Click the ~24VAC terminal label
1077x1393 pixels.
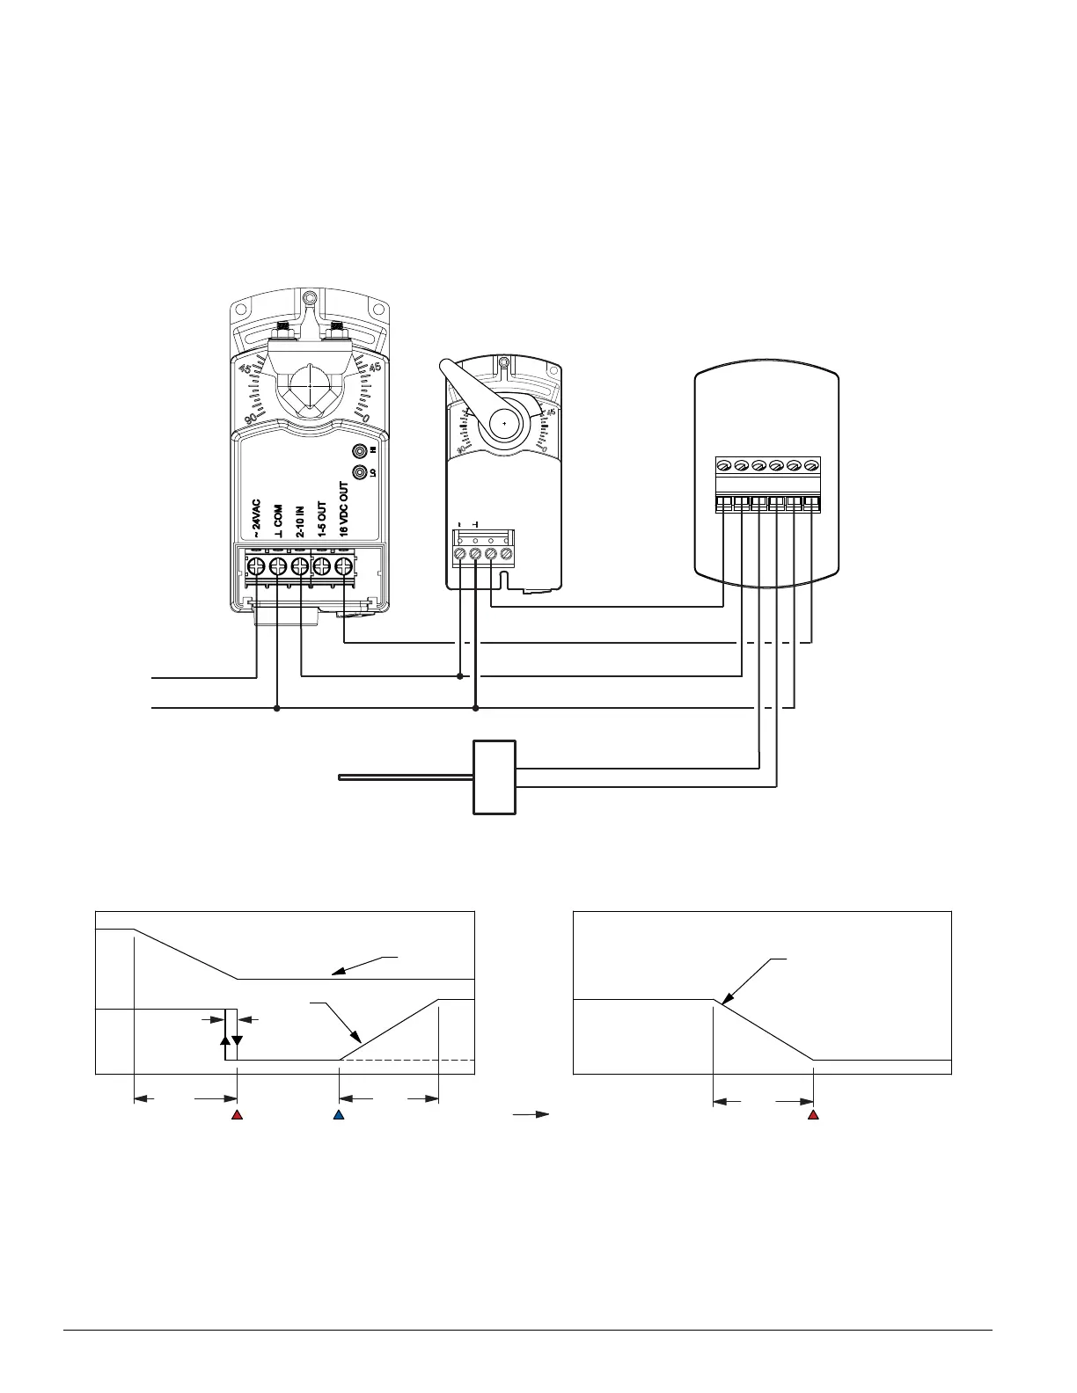tap(256, 520)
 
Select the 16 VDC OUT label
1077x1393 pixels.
tap(344, 509)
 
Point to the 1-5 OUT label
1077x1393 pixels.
tap(322, 520)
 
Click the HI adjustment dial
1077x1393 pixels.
tap(360, 451)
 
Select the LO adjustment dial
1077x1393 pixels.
tap(360, 472)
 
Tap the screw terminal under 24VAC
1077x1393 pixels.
tap(256, 565)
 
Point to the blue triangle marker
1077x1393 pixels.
tap(339, 1115)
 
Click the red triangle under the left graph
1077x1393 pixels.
tap(237, 1115)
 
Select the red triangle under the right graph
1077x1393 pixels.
tap(814, 1115)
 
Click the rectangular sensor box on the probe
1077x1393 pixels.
tap(495, 777)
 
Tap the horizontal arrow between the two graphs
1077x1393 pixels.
tap(531, 1114)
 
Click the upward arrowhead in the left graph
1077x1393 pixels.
tap(225, 1039)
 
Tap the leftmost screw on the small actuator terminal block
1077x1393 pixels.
tap(459, 554)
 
